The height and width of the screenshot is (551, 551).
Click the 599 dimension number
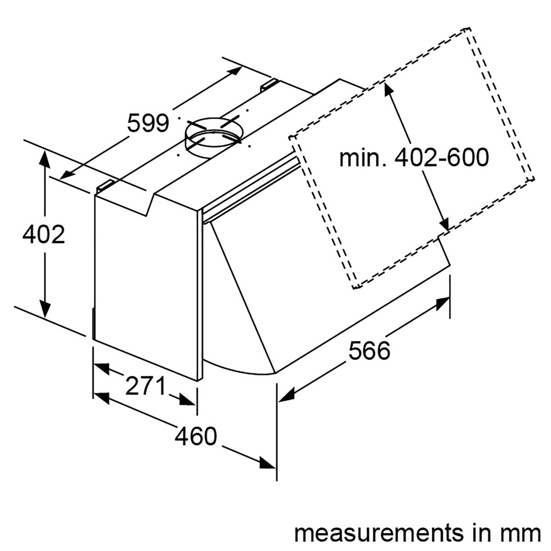point(148,123)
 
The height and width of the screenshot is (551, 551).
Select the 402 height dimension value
point(44,235)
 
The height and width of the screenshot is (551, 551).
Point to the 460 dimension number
point(195,436)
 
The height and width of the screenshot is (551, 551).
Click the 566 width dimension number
point(369,351)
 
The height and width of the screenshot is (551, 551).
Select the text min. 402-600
point(414,158)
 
